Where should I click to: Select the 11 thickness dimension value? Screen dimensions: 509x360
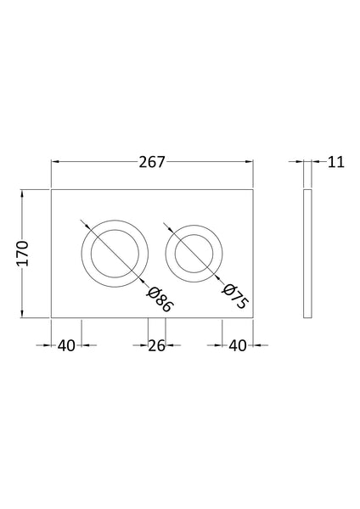[x=336, y=162]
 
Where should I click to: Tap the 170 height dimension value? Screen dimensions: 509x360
[x=23, y=254]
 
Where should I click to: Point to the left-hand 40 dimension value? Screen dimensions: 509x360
[x=67, y=345]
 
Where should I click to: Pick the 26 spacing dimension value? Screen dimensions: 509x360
[x=155, y=345]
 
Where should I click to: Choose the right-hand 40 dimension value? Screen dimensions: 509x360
[x=238, y=345]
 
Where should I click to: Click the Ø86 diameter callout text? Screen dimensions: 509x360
[x=159, y=299]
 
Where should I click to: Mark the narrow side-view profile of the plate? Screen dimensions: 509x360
[x=307, y=254]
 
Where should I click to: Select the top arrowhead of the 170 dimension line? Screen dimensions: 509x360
[x=23, y=193]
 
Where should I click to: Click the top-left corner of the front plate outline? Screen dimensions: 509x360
[x=52, y=188]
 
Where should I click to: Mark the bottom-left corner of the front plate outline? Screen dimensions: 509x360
[x=52, y=318]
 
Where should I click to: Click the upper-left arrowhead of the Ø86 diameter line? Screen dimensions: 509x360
[x=85, y=224]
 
